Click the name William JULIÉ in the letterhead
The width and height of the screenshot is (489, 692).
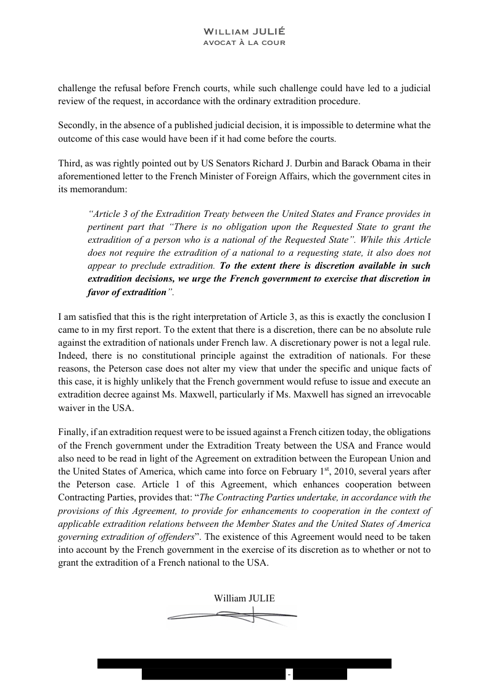[244, 31]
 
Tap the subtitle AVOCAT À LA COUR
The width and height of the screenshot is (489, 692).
[244, 43]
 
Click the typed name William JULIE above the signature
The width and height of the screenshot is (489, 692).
[244, 598]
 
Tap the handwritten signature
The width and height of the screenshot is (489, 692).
[232, 615]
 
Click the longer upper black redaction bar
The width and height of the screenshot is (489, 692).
[244, 663]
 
